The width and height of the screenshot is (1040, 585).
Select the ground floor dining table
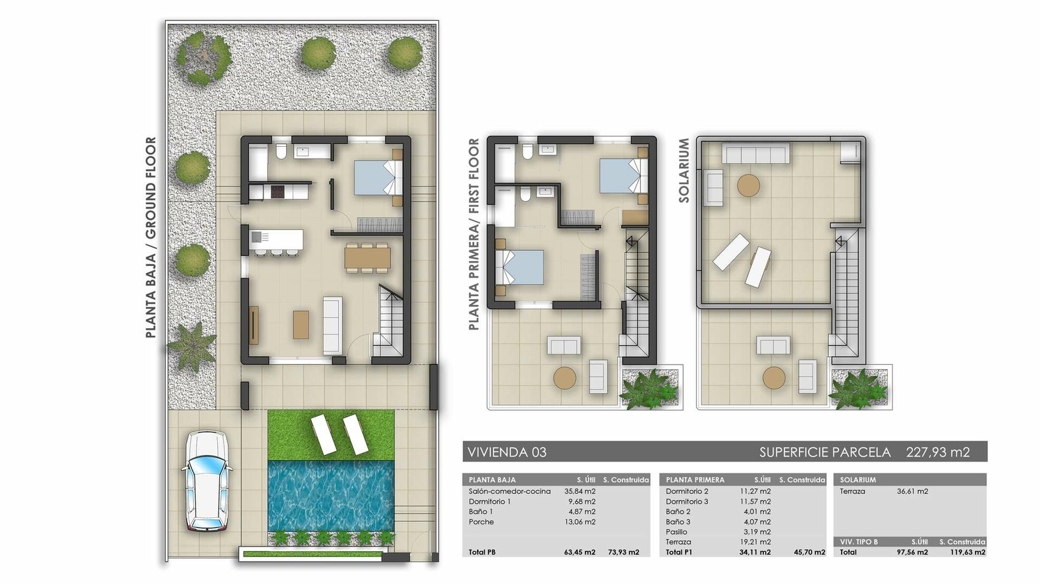click(x=367, y=257)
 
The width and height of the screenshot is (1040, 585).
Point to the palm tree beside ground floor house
click(x=191, y=345)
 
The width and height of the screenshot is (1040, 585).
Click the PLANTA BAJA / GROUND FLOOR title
click(x=151, y=237)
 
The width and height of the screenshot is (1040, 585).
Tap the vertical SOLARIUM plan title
click(x=684, y=170)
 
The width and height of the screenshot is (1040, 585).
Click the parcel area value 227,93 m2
click(x=937, y=452)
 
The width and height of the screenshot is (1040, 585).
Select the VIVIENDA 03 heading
click(x=507, y=452)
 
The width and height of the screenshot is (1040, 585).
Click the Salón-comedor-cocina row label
click(x=510, y=491)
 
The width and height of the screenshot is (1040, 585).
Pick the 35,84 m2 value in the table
click(x=580, y=491)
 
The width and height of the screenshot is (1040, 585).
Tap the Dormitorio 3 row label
click(x=687, y=502)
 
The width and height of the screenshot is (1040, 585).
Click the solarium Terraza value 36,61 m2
click(x=912, y=491)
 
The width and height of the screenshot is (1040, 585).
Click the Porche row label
click(x=481, y=522)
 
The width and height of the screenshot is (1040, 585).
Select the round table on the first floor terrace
click(x=564, y=378)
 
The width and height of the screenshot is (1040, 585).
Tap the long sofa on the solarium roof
click(x=757, y=154)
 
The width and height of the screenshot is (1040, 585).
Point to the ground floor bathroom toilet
click(x=281, y=152)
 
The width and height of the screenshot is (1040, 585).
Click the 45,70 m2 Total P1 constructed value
click(x=809, y=552)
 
